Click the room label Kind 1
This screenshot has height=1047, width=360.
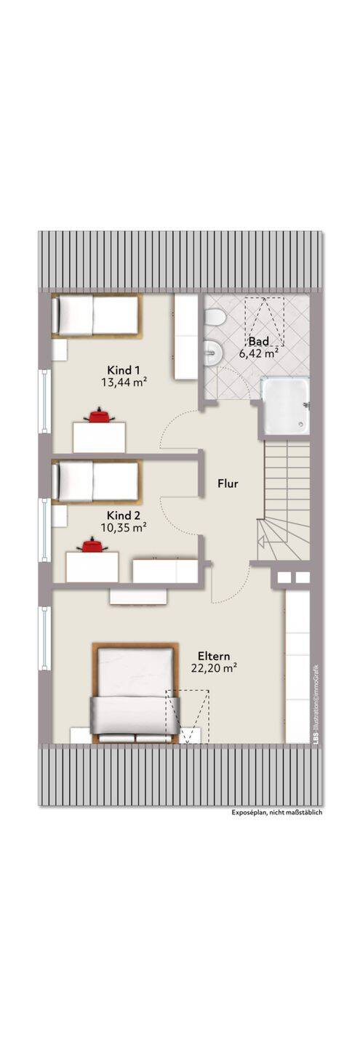(x=124, y=369)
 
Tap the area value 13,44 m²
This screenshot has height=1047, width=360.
(x=124, y=382)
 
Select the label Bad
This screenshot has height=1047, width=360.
(x=259, y=341)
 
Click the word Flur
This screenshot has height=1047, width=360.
(x=228, y=484)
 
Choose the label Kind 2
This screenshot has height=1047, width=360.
(x=124, y=516)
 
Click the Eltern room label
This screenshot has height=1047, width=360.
(x=214, y=656)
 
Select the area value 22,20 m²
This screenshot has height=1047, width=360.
(x=214, y=668)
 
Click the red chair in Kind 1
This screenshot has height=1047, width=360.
(x=99, y=415)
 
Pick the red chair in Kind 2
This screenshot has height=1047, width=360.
(x=95, y=545)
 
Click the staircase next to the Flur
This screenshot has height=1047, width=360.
(x=284, y=500)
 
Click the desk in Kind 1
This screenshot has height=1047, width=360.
(x=100, y=437)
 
